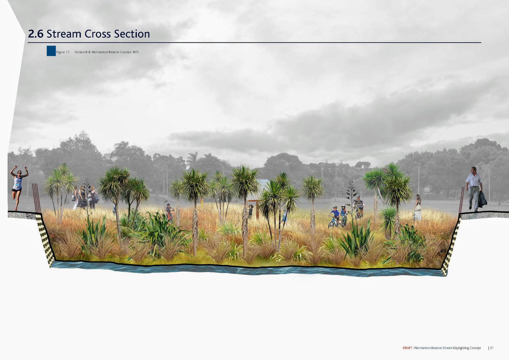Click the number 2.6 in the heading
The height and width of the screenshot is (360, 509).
coord(36,34)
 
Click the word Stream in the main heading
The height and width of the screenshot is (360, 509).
coord(64,34)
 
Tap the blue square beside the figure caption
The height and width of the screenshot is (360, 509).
coord(51,51)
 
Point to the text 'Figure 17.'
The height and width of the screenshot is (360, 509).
coord(63,52)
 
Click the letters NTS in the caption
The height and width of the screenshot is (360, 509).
coord(136,52)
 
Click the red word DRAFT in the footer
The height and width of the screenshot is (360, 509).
coord(407,348)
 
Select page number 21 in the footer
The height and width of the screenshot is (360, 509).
coord(491,348)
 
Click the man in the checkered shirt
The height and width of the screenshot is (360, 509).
coord(474,188)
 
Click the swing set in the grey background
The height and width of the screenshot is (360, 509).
coord(456,194)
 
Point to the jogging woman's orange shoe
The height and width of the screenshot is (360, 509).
coord(16,209)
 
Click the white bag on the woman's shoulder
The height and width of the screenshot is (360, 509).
coord(418,207)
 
